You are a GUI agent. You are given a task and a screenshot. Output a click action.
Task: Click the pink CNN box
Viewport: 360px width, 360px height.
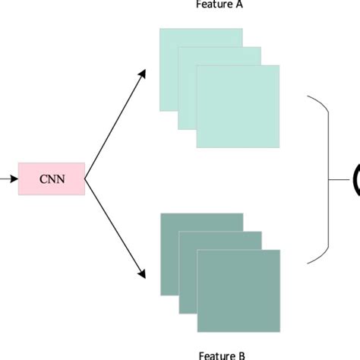(x=52, y=179)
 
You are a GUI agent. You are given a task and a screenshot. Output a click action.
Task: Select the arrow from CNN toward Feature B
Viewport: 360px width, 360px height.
(x=114, y=229)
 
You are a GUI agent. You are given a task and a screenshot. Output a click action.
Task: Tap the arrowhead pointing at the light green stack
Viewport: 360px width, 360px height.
(x=142, y=73)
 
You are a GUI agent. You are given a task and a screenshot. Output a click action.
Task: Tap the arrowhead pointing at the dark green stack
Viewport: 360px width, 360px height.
(x=142, y=276)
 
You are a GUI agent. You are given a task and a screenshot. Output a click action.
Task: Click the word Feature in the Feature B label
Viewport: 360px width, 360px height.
(x=213, y=355)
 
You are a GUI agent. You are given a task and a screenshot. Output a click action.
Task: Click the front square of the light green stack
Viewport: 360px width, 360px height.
(x=237, y=106)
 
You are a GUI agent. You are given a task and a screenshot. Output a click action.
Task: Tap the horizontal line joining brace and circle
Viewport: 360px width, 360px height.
(x=339, y=180)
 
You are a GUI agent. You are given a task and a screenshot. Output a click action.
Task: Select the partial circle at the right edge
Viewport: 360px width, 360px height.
(x=355, y=180)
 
